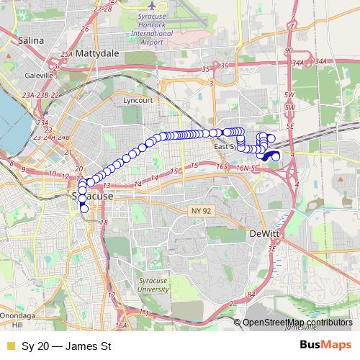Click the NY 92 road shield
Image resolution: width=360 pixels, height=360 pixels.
tap(202, 210)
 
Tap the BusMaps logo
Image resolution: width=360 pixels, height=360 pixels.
tap(325, 346)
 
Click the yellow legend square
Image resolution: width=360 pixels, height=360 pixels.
tap(10, 346)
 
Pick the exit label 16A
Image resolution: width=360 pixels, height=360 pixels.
tap(120, 326)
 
